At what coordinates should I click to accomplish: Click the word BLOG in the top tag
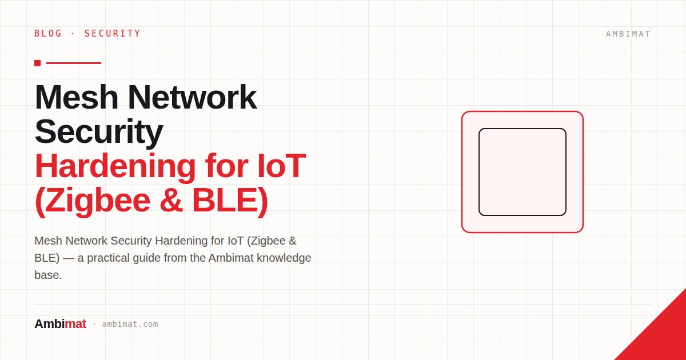(x=48, y=33)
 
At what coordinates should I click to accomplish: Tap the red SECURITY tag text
(x=113, y=33)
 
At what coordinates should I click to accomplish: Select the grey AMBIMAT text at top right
(x=628, y=34)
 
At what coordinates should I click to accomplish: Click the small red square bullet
(x=37, y=63)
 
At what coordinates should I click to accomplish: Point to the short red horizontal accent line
(x=74, y=63)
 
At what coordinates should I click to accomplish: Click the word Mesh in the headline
(x=76, y=97)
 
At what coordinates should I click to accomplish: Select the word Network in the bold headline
(x=192, y=97)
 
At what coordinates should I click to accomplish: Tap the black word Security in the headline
(x=98, y=132)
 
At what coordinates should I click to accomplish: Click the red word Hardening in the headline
(x=115, y=166)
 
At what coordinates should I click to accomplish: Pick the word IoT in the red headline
(x=281, y=166)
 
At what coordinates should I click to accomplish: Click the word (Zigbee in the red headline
(x=93, y=201)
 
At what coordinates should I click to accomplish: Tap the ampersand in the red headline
(x=171, y=201)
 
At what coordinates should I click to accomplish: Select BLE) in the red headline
(x=230, y=201)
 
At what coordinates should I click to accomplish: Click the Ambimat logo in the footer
(x=61, y=324)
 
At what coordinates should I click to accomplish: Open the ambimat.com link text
(x=130, y=324)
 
